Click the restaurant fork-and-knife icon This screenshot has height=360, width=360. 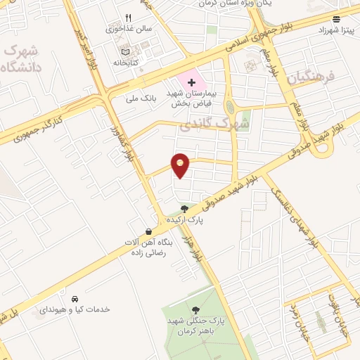coord(127,18)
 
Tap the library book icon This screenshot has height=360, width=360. coord(125,51)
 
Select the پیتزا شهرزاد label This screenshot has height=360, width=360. coord(334,30)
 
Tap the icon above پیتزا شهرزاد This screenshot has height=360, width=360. coord(336,19)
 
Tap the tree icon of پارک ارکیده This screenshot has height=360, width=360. coord(184,208)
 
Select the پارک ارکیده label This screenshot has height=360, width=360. coord(184,220)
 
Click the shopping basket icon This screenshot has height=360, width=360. coord(148,231)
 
